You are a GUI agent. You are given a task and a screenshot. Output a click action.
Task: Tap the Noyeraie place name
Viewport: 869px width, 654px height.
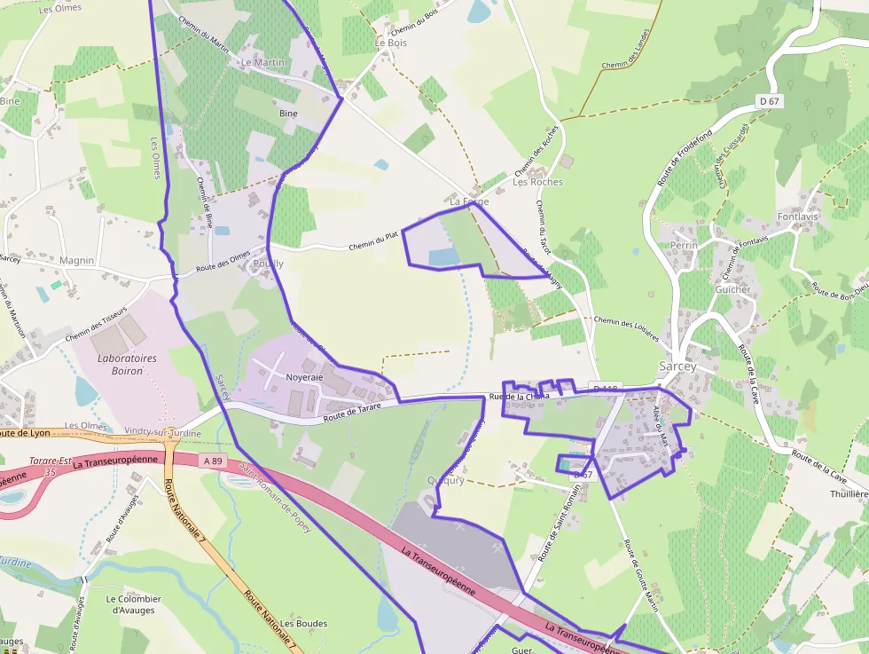click(x=304, y=377)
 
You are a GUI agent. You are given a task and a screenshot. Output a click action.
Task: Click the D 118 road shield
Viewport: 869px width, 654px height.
click(x=605, y=389)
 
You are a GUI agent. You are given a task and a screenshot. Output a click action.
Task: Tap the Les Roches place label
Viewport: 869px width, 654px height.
click(x=537, y=182)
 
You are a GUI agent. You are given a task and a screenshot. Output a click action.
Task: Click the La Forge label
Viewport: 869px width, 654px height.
click(x=469, y=202)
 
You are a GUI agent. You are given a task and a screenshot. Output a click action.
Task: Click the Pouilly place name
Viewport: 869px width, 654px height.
click(x=268, y=264)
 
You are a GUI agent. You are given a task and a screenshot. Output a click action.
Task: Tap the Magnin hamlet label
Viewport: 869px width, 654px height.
click(x=77, y=260)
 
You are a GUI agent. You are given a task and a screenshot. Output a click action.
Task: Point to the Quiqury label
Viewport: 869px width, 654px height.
click(x=446, y=481)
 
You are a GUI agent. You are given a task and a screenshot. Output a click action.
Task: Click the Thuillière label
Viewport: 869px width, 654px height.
click(x=848, y=493)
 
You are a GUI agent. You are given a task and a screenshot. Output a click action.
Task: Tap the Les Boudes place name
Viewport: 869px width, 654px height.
click(x=304, y=624)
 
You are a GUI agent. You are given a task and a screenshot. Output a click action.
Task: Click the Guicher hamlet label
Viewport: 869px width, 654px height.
click(x=732, y=289)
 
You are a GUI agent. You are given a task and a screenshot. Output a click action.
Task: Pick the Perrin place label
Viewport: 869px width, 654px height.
click(x=684, y=245)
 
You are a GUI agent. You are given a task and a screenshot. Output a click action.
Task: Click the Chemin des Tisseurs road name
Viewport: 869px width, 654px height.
click(x=96, y=325)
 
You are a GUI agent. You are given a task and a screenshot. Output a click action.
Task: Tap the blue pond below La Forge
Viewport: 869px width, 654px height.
click(x=444, y=257)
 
